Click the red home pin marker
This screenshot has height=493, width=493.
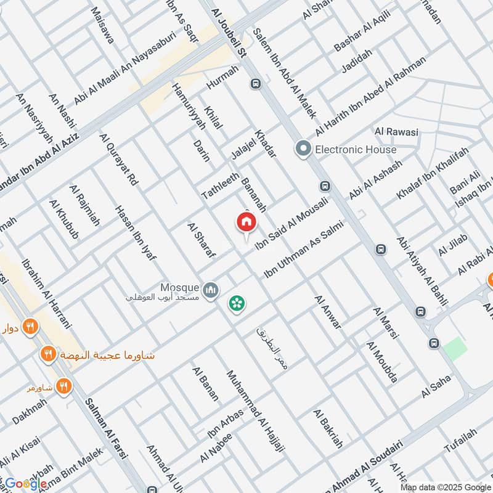tap(246, 221)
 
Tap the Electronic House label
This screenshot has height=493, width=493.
tap(356, 149)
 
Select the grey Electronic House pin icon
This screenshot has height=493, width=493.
tap(303, 149)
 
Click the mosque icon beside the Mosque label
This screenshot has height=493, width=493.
tap(211, 288)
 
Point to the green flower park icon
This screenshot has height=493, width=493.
tap(235, 303)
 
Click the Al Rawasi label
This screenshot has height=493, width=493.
tap(396, 132)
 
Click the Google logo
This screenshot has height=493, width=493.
tap(25, 484)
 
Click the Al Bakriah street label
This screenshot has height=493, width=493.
tap(327, 431)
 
